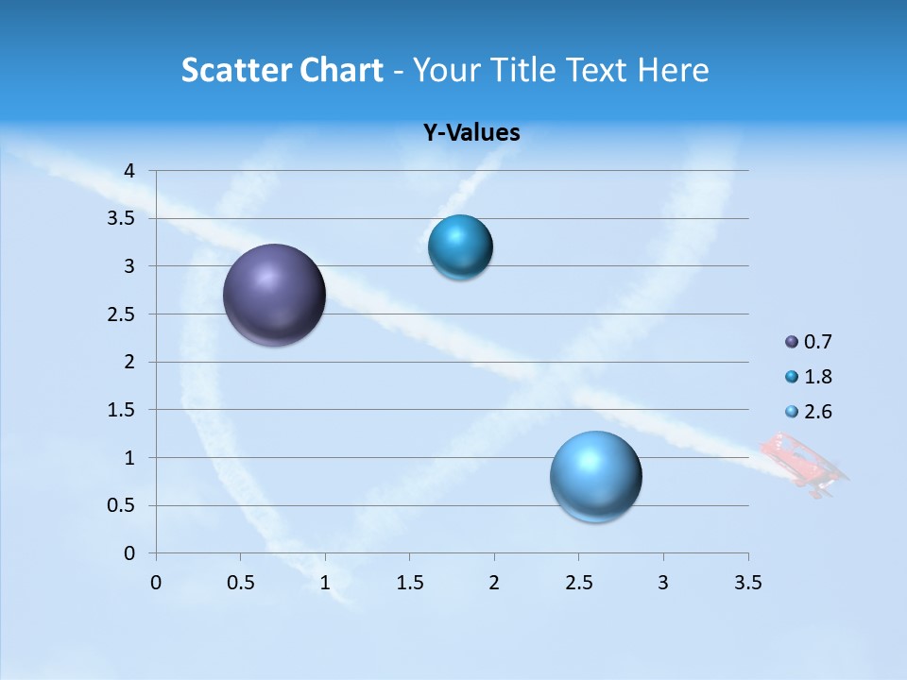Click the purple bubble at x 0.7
[x=274, y=295]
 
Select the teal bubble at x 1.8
[x=460, y=247]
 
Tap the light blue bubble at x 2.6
[x=595, y=476]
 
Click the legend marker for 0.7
[x=792, y=342]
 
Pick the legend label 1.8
[x=817, y=377]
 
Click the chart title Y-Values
[x=471, y=133]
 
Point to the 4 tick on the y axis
[x=130, y=171]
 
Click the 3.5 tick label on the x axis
[x=747, y=583]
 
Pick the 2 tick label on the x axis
[x=494, y=583]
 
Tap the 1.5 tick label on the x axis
[x=409, y=583]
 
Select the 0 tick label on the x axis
[x=156, y=583]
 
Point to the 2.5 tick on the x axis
[x=578, y=583]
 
